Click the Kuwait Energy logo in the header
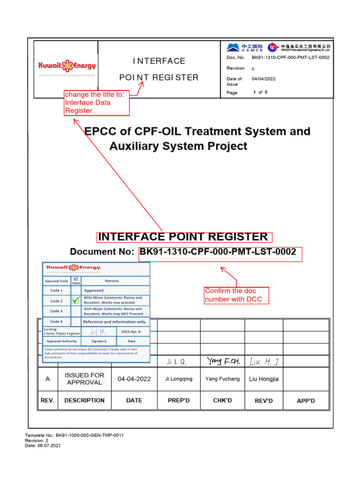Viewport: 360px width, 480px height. pyautogui.click(x=67, y=67)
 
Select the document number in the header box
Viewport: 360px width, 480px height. pyautogui.click(x=291, y=58)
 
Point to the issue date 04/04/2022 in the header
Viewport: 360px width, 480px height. pyautogui.click(x=264, y=79)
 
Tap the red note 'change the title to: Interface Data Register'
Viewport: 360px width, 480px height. pyautogui.click(x=97, y=103)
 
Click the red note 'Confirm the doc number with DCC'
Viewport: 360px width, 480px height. pyautogui.click(x=236, y=295)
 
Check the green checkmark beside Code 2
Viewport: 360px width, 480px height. pyautogui.click(x=75, y=300)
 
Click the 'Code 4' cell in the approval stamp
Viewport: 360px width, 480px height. pyautogui.click(x=56, y=322)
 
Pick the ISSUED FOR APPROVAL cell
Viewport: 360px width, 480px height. pyautogui.click(x=84, y=379)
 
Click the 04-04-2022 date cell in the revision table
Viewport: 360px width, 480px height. pyautogui.click(x=134, y=379)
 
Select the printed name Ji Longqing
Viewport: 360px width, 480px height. pyautogui.click(x=179, y=379)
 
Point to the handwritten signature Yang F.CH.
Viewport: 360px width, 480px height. pyautogui.click(x=223, y=361)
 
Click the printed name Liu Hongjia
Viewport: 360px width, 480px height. pyautogui.click(x=264, y=379)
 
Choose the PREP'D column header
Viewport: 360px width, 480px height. pyautogui.click(x=179, y=400)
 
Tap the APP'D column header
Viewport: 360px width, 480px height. pyautogui.click(x=306, y=401)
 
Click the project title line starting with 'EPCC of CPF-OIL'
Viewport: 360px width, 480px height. pyautogui.click(x=197, y=131)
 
